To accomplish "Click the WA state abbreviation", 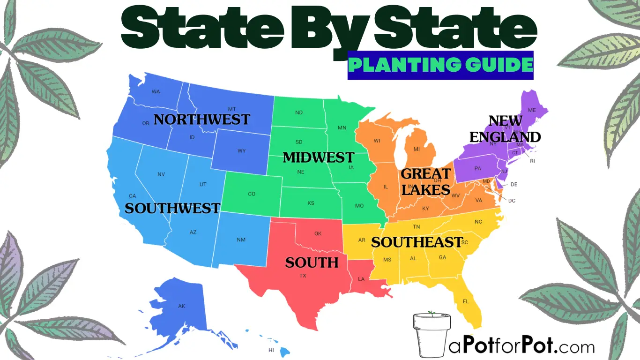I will (x=156, y=92).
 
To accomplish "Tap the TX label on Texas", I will (x=303, y=276).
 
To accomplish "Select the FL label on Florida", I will (x=466, y=301).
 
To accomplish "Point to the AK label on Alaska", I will (x=182, y=306).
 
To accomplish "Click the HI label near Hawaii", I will (x=271, y=350).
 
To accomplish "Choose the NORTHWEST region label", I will (x=202, y=120).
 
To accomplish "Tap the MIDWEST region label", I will (x=318, y=157).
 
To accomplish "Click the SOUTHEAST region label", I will (x=417, y=242).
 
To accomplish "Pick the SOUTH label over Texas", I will (x=312, y=262).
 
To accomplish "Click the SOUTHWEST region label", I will (x=172, y=208).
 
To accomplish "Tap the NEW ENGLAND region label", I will (x=505, y=129).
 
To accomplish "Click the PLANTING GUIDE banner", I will (x=440, y=65).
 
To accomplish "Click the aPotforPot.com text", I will (x=521, y=347).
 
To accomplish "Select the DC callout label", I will (x=512, y=201).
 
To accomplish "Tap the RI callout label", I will (x=532, y=161).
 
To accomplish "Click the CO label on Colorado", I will (x=252, y=194).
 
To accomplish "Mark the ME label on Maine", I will (x=532, y=110).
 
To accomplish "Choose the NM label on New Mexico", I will (x=241, y=240).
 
